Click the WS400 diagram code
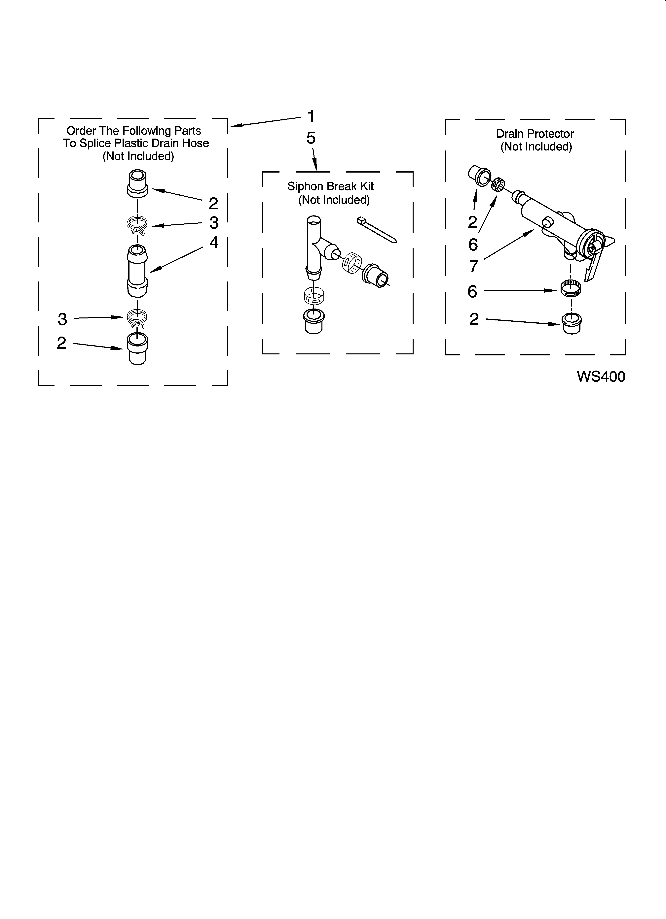[601, 377]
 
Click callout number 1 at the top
[311, 117]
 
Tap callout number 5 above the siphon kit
[311, 138]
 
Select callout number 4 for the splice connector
[214, 243]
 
